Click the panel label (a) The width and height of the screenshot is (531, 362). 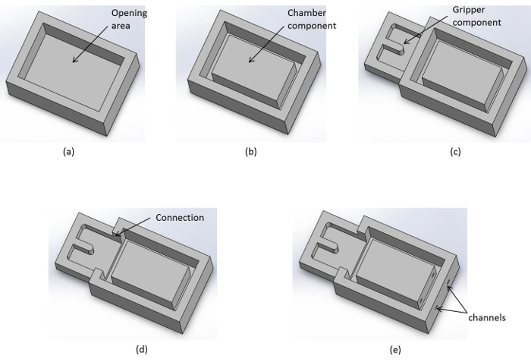click(68, 152)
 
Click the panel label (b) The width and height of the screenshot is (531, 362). click(251, 152)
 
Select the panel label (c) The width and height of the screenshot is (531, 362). click(455, 152)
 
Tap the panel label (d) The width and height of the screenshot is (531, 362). click(142, 349)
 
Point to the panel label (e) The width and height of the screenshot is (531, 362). click(395, 350)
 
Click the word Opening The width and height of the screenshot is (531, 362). click(130, 14)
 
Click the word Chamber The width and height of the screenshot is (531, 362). click(306, 13)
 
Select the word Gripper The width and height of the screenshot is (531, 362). click(469, 10)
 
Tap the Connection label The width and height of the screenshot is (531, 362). click(180, 218)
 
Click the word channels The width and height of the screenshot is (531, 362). click(487, 317)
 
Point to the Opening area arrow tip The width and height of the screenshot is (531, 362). click(73, 62)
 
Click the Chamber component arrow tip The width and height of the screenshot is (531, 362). click(249, 62)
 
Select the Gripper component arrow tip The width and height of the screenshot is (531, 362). click(404, 44)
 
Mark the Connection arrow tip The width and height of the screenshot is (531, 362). click(116, 235)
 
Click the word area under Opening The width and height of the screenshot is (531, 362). click(121, 26)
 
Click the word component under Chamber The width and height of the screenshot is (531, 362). click(312, 26)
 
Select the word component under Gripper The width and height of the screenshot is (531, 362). click(477, 23)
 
